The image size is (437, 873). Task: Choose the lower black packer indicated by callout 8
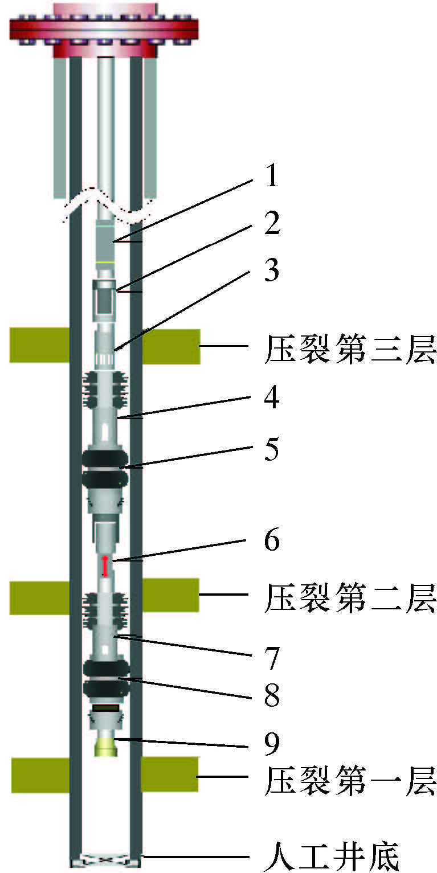point(105,679)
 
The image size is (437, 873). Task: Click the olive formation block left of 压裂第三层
point(39,345)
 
